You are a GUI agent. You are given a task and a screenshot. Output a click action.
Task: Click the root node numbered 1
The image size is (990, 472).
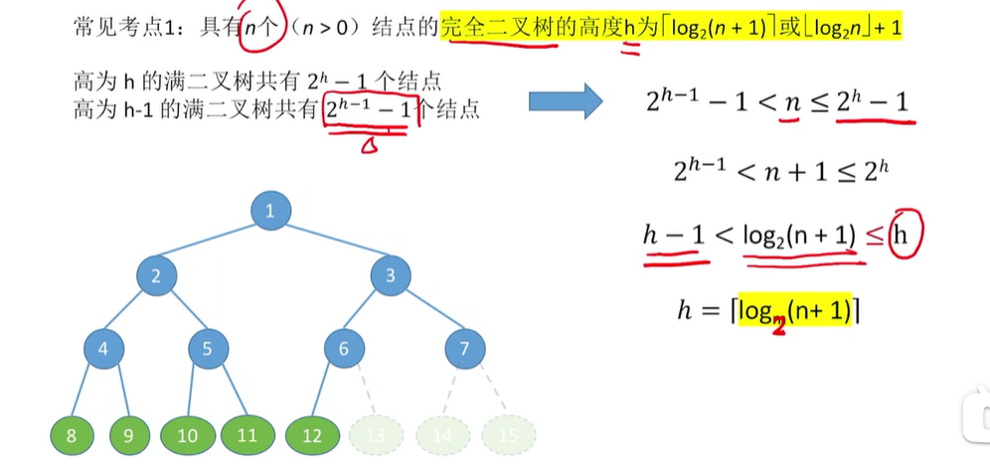[269, 210]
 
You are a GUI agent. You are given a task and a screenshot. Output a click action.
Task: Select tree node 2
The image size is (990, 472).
[156, 277]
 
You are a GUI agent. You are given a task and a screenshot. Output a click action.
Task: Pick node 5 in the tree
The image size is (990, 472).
[207, 349]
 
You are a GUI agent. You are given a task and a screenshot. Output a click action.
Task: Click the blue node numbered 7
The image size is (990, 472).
[463, 349]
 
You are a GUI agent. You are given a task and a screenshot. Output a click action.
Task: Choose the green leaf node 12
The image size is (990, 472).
[312, 434]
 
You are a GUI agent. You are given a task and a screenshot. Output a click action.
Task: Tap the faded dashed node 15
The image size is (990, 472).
[509, 434]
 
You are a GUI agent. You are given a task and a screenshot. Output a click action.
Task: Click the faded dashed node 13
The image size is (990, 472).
[376, 434]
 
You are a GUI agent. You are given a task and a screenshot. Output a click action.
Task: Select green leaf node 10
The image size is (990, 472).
[188, 434]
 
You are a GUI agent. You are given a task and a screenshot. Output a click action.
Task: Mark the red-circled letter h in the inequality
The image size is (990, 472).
[903, 236]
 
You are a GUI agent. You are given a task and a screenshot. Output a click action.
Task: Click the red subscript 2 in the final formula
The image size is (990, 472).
[778, 324]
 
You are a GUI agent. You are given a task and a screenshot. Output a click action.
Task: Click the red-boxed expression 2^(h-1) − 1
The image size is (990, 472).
[369, 110]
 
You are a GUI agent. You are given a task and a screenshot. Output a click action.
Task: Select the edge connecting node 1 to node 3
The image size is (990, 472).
[330, 243]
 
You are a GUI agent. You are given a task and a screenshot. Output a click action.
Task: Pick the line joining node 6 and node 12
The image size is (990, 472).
[327, 393]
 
